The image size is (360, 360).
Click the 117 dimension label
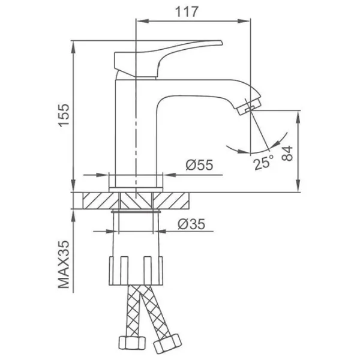coord(186,11)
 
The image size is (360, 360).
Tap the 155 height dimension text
coord(64,115)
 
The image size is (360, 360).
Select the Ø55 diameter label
coord(199,164)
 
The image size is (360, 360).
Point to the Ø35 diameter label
coord(191,224)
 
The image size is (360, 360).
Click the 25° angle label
coord(263,162)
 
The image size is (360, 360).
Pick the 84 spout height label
coord(287,153)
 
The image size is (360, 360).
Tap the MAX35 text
coord(64,264)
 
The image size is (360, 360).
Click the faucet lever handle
coord(168,58)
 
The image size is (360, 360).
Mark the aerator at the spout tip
coord(250,106)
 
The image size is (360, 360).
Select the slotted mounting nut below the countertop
coord(136,271)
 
